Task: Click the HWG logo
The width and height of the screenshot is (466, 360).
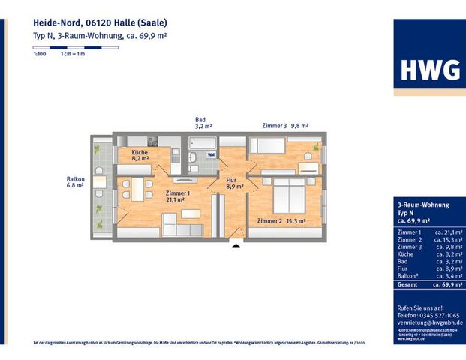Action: tap(429, 69)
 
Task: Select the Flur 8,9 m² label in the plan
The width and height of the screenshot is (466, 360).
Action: tap(234, 183)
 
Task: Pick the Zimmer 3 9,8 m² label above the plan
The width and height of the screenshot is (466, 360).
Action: tap(284, 126)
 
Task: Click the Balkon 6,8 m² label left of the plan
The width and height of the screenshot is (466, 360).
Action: tap(76, 183)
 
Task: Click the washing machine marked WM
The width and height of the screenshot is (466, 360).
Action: tap(211, 155)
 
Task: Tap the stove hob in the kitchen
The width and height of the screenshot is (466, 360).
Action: tap(153, 140)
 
